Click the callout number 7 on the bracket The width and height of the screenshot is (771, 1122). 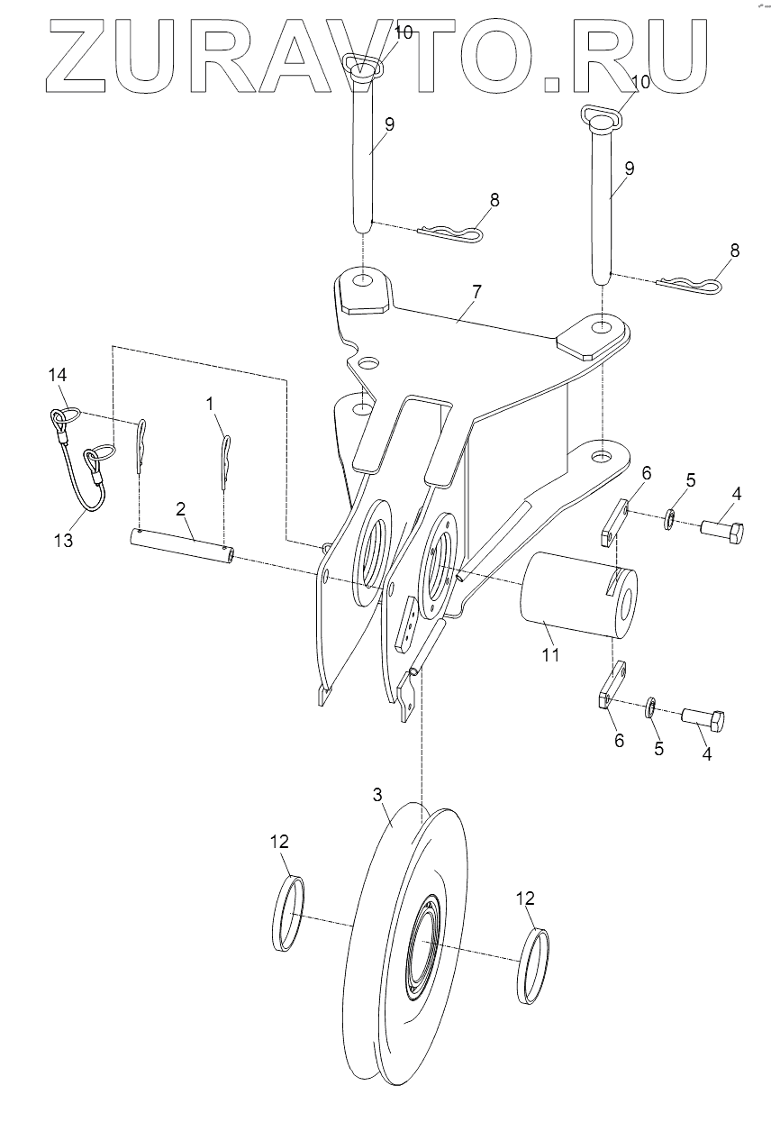(x=476, y=292)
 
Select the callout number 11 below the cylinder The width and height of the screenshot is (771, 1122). (x=550, y=655)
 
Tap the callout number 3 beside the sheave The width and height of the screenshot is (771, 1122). (x=377, y=795)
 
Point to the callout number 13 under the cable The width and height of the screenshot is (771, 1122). (x=64, y=541)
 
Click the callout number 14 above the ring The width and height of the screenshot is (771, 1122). (x=58, y=375)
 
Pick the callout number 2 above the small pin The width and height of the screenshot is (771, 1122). (x=181, y=509)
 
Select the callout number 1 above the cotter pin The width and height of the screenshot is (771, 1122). (x=210, y=403)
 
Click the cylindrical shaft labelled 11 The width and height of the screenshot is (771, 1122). (x=578, y=595)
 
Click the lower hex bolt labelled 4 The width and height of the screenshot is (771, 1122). (x=703, y=719)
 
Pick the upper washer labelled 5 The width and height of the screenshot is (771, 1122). (x=670, y=520)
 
